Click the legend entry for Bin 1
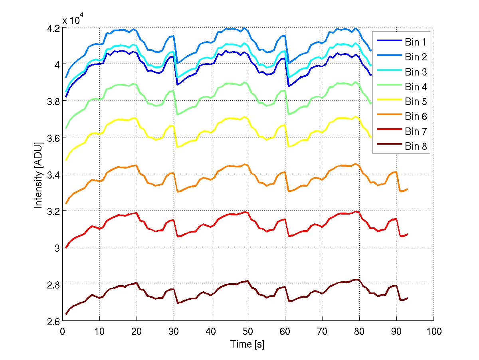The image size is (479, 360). [416, 42]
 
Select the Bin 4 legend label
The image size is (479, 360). [416, 87]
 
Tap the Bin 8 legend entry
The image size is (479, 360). [416, 147]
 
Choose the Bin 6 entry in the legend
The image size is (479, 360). [416, 117]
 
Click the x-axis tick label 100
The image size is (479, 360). [433, 332]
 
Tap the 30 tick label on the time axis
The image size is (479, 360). [174, 332]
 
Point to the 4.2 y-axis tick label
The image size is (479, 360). [53, 28]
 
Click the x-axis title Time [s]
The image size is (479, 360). [247, 344]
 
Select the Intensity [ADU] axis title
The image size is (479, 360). [38, 174]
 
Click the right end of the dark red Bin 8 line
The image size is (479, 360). [408, 298]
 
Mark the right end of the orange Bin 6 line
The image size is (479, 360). [408, 189]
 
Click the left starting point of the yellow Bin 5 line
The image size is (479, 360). [66, 160]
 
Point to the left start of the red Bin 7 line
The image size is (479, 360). [66, 248]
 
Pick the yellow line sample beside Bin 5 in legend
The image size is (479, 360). [388, 101]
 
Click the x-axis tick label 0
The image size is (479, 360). [63, 332]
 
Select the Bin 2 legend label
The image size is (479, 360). [416, 57]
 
